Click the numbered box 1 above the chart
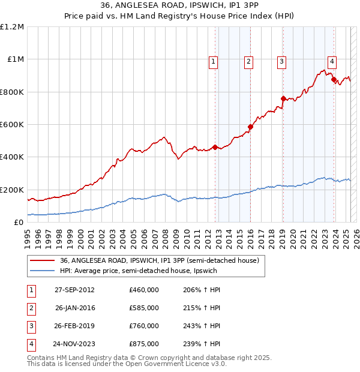pos(214,61)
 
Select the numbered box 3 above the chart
pos(281,61)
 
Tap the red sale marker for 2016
pos(250,127)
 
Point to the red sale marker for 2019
pos(283,98)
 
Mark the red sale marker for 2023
pos(334,80)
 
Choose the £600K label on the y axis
pos(12,125)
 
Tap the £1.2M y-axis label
pos(13,27)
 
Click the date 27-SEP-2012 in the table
pos(74,290)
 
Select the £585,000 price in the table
pos(143,308)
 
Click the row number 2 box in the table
pos(30,308)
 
